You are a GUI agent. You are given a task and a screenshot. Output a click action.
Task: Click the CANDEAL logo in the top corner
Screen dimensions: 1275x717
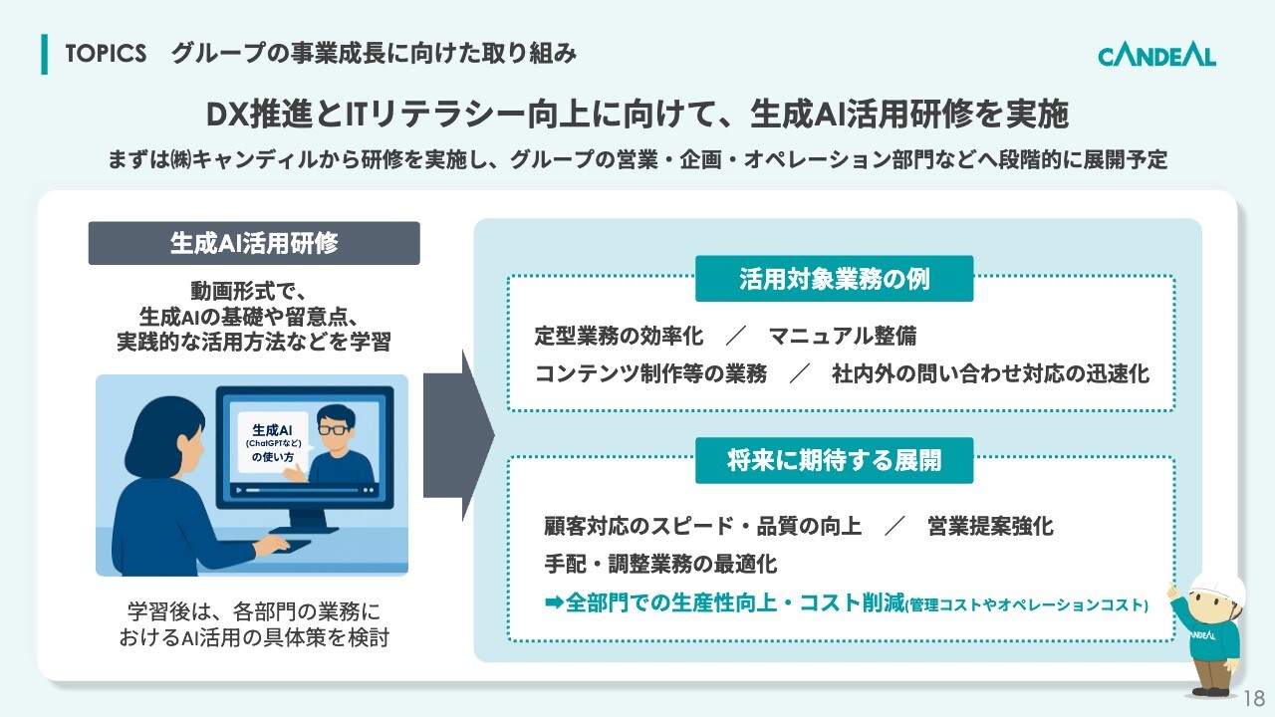point(1156,57)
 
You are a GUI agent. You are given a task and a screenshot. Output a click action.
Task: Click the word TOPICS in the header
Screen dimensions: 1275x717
point(106,54)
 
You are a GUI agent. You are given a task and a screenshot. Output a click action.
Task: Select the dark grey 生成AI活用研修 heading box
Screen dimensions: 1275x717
point(254,243)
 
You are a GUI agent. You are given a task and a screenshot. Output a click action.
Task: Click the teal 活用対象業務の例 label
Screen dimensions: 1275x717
point(835,279)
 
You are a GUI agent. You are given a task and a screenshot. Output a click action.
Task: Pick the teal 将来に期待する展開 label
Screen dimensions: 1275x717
point(835,460)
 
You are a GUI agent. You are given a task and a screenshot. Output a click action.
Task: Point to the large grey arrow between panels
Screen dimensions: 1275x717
point(459,435)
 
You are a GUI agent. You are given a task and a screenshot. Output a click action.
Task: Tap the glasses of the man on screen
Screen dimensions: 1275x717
point(334,429)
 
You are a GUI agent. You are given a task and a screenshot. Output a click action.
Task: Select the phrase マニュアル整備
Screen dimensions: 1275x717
point(843,337)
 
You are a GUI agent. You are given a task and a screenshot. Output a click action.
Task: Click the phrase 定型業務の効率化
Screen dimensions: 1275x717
point(619,337)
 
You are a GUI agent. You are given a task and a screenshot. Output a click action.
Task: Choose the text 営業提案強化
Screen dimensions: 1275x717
point(990,527)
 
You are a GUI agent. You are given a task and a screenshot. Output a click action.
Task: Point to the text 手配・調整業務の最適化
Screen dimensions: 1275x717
point(660,564)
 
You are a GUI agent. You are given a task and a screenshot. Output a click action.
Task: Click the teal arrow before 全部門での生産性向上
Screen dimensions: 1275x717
point(554,602)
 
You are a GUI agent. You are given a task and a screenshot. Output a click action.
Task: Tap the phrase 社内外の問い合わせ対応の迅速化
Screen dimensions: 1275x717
point(990,373)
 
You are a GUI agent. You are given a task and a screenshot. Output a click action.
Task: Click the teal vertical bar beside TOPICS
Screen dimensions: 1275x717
point(45,54)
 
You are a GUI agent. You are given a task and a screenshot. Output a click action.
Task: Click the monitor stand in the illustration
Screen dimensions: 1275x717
point(307,521)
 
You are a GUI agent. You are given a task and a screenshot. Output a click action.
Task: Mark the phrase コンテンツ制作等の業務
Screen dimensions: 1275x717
point(650,373)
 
